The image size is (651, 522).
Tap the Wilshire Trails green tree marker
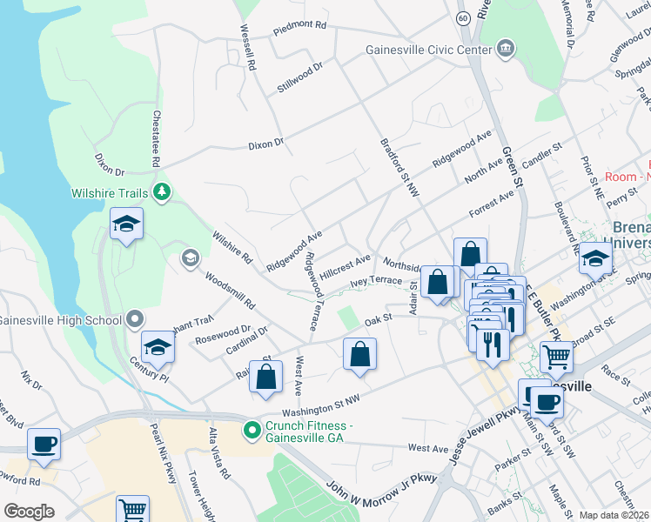point(161,191)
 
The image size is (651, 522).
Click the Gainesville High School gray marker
point(135,319)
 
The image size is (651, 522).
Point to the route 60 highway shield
point(463,17)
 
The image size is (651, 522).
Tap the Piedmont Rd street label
point(299,25)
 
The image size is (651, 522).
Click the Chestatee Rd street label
point(156,138)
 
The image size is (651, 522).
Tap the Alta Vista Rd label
point(218,454)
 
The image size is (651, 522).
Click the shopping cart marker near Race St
point(557,355)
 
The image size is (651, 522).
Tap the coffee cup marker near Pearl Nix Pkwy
point(44,444)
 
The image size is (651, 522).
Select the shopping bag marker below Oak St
point(359,354)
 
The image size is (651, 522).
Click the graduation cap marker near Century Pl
point(158,346)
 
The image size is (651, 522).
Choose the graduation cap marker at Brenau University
point(596,258)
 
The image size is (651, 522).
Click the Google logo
point(29,512)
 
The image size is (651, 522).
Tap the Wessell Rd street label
point(247,47)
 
